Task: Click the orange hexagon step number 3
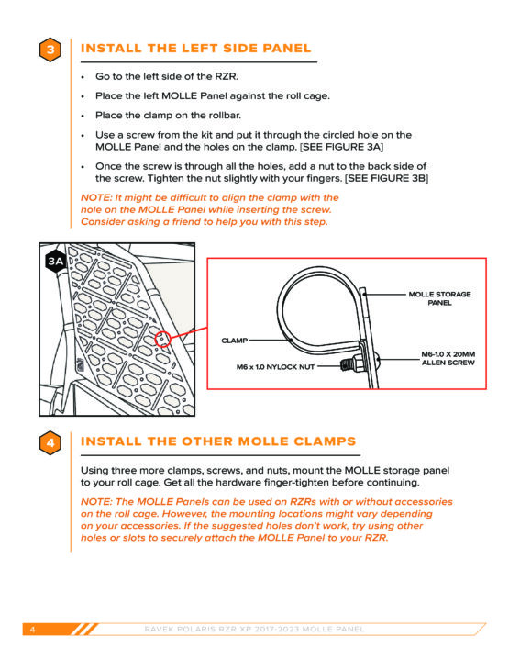pos(50,50)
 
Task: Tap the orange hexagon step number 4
pos(50,442)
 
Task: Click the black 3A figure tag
pos(55,262)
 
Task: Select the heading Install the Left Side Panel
pos(195,49)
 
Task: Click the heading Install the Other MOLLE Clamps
pos(218,441)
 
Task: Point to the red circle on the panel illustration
pos(162,339)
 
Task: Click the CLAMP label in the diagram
pos(235,341)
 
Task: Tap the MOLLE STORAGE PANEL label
pos(439,298)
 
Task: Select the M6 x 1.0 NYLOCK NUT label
pos(275,367)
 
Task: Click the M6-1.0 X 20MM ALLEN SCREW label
pos(448,359)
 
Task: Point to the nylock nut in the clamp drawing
pos(352,363)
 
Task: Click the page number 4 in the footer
pos(32,629)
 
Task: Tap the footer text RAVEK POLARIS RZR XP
pos(198,629)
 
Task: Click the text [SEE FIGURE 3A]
pos(342,147)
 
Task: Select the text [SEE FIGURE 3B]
pos(387,179)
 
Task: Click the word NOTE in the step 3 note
pos(96,197)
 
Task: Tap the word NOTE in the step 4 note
pos(96,502)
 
